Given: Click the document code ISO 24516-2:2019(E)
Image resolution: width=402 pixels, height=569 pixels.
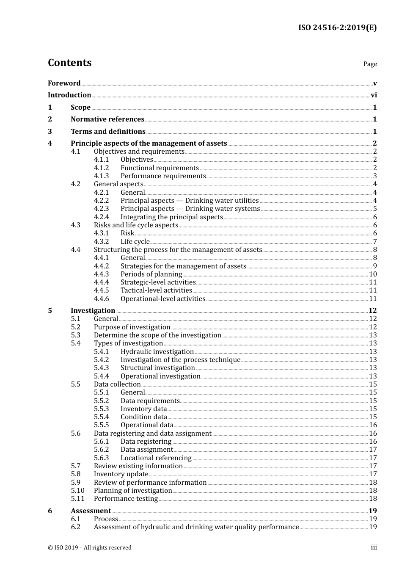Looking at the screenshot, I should (x=337, y=28).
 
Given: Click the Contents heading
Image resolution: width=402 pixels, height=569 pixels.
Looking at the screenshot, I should (x=69, y=63).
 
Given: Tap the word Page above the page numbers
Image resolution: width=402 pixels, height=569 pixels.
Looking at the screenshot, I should (x=370, y=64).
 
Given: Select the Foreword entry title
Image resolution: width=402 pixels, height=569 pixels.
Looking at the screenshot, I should (x=64, y=83).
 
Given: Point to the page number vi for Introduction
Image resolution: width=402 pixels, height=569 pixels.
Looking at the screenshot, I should (x=374, y=95).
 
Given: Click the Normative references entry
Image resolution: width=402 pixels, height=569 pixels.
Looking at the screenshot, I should (x=107, y=119).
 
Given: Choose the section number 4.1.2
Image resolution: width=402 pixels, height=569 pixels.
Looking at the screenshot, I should (x=101, y=168).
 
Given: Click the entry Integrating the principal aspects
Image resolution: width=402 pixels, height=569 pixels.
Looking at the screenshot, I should (x=171, y=217).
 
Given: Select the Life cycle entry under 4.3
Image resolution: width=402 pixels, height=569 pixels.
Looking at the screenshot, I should (x=135, y=242).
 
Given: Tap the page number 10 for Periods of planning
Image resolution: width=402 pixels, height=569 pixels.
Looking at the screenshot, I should (x=373, y=274).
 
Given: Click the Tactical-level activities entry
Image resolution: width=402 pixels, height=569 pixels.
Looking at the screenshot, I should (x=156, y=290).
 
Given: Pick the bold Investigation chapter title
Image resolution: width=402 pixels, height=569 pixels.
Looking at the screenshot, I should (x=93, y=311).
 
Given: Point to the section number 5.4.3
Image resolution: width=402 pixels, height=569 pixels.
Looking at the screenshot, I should (x=101, y=368).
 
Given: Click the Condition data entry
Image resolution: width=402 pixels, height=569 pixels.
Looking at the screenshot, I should (x=144, y=417).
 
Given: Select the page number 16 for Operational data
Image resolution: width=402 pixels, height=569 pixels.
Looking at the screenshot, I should (x=373, y=425).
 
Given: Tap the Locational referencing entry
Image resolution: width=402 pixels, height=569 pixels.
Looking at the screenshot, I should (x=156, y=458).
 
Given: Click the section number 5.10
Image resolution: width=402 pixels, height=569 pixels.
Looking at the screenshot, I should (x=77, y=491).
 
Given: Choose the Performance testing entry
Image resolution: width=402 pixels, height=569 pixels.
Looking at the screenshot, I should (x=126, y=499).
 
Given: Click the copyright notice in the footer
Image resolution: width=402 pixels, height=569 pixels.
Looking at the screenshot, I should (x=90, y=548).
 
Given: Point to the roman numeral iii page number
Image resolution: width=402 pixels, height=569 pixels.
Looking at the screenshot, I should (x=374, y=547).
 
